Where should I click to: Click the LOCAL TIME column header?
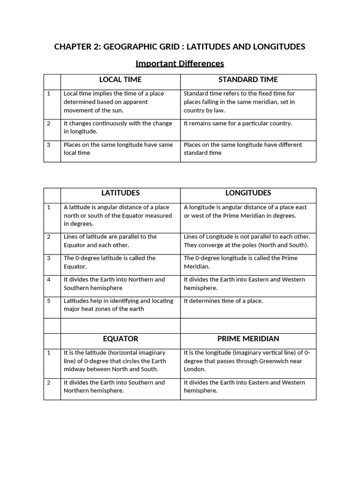[x=120, y=80]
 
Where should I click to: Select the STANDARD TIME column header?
[x=248, y=80]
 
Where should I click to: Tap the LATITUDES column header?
[x=120, y=193]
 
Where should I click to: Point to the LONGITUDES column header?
[x=248, y=193]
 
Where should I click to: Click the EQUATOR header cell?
[x=120, y=338]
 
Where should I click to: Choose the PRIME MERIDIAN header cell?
[x=248, y=338]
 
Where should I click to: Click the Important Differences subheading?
[x=180, y=63]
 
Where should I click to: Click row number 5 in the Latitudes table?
[x=49, y=301]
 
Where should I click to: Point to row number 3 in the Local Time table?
[x=49, y=145]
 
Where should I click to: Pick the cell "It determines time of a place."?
[x=223, y=301]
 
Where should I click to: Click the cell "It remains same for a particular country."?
[x=238, y=123]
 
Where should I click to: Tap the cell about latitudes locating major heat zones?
[x=118, y=305]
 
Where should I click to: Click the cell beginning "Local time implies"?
[x=114, y=102]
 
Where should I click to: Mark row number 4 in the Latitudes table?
[x=49, y=279]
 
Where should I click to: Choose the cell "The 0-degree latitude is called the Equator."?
[x=110, y=262]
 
